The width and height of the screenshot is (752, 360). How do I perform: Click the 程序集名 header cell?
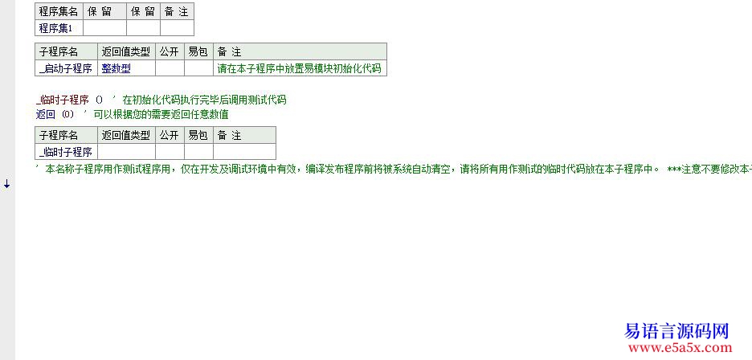(59, 12)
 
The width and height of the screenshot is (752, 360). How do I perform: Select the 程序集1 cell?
(59, 28)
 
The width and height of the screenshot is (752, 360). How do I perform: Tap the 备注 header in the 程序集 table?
(177, 12)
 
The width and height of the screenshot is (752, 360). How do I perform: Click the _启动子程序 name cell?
(66, 68)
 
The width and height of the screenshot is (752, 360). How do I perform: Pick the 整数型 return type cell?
(127, 68)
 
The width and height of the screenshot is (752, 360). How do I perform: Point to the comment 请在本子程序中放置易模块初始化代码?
(299, 68)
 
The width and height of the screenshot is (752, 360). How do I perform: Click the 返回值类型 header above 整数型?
(127, 51)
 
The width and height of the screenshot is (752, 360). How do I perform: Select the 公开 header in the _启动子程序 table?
(170, 51)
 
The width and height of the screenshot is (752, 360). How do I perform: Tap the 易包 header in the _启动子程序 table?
(198, 51)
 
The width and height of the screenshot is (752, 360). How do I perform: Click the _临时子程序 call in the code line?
(63, 100)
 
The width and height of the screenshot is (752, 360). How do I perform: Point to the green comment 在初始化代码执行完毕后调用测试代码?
(204, 100)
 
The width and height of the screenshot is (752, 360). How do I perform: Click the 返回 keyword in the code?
(46, 114)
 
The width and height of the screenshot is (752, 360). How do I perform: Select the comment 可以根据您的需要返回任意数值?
(161, 114)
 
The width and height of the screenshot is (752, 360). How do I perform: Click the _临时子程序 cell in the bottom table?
(66, 152)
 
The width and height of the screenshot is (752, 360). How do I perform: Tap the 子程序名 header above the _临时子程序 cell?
(66, 135)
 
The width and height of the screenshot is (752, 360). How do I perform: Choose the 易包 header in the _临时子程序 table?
(198, 135)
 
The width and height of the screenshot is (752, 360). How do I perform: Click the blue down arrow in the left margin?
(6, 184)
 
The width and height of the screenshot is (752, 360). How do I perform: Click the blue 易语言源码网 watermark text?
(676, 331)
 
